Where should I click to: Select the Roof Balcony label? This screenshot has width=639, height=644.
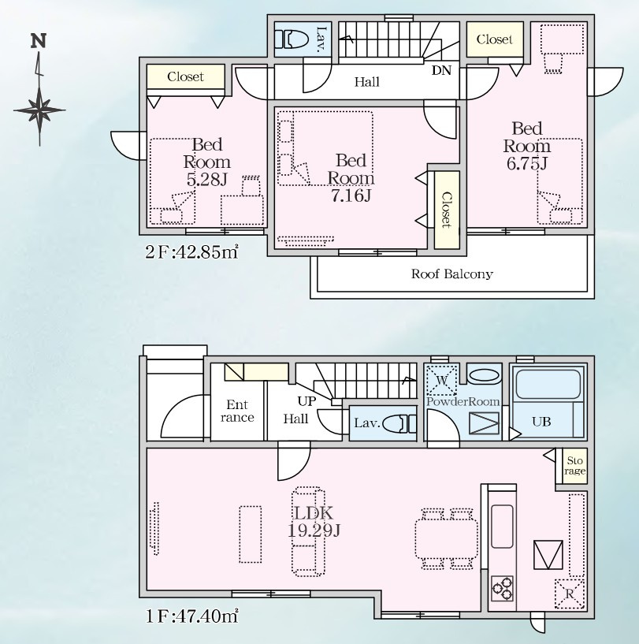[x=451, y=274]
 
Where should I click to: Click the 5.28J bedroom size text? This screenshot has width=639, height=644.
[x=207, y=180]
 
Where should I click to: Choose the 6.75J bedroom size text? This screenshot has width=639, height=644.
[x=526, y=163]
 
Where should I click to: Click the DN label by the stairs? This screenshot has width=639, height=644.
[x=441, y=69]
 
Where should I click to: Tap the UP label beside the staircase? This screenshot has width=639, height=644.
[x=306, y=400]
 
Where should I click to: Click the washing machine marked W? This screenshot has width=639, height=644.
[x=442, y=381]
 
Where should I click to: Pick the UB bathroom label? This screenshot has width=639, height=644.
[x=541, y=422]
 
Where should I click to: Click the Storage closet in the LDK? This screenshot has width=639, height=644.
[x=574, y=466]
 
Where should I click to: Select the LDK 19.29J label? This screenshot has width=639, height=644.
[x=314, y=521]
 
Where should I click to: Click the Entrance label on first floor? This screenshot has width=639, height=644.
[x=237, y=411]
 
